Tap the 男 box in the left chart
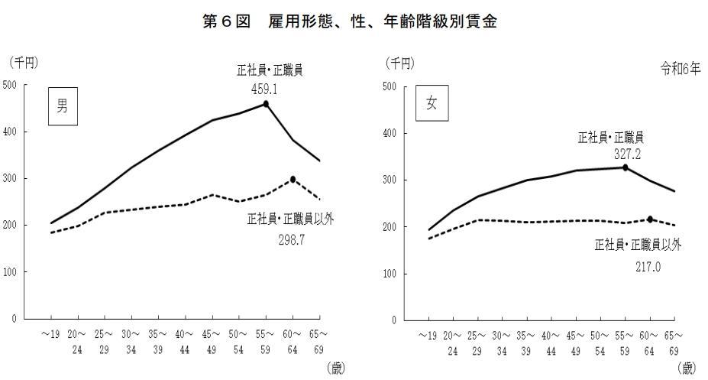[63, 106]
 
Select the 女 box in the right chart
[432, 104]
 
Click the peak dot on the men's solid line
[266, 103]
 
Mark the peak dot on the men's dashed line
[293, 180]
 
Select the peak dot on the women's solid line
[625, 167]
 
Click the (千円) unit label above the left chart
[24, 61]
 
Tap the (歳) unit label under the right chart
[687, 369]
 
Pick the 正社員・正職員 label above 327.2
[611, 138]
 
